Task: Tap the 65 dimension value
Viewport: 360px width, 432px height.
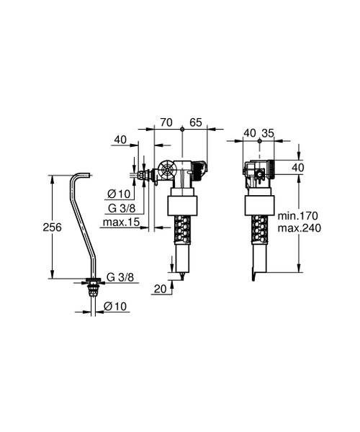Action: pos(196,124)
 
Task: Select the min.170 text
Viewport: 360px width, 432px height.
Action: pos(298,215)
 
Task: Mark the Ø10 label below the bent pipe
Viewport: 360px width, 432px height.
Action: pos(114,306)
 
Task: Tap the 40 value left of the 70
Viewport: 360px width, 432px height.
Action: pos(120,140)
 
